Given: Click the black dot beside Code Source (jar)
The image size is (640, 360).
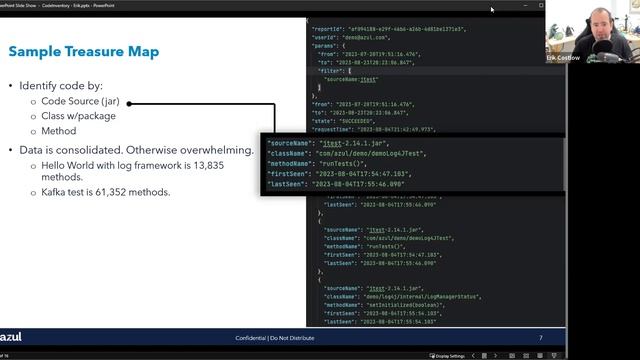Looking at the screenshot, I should (x=130, y=102).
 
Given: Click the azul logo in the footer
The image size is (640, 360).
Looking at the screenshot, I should (x=11, y=337).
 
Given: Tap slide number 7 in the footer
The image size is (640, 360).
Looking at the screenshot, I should (x=541, y=337).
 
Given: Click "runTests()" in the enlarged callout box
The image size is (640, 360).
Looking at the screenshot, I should (x=348, y=164).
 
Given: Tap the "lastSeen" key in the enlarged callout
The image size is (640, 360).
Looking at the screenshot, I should (x=288, y=183).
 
